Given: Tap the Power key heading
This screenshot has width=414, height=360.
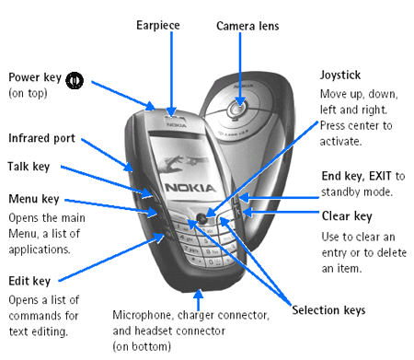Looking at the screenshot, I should (x=35, y=77).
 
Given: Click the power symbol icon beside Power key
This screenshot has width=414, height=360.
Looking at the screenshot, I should (x=75, y=79).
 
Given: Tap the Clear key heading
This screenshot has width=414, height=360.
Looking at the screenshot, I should (x=347, y=216).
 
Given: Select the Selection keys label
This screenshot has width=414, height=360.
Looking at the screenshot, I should (x=328, y=310).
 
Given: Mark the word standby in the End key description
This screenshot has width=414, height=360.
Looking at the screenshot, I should (x=343, y=192).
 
